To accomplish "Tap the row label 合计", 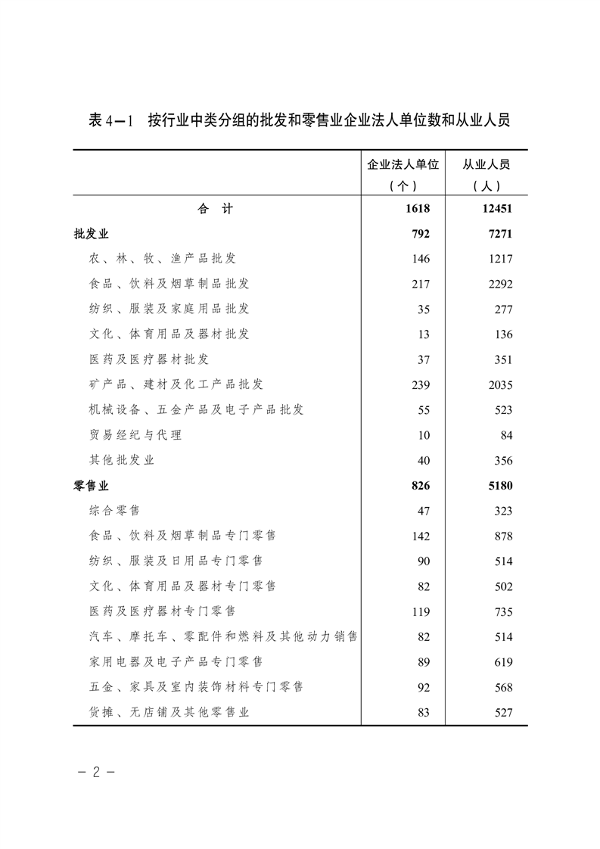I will point(216,209).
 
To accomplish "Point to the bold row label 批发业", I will point(92,234).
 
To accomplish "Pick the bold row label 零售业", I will point(92,486).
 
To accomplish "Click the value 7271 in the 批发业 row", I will point(501,234).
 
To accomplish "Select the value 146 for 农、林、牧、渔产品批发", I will point(421,259).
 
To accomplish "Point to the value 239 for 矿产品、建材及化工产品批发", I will point(421,385).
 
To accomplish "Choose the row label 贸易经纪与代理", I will point(135,435).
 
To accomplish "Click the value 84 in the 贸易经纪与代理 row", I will point(506,435).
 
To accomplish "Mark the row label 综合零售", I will point(114,511).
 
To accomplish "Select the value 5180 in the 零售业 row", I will point(501,486).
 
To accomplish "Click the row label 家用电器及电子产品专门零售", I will point(176,662).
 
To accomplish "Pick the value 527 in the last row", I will point(503,713).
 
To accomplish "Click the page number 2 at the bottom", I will point(96,774).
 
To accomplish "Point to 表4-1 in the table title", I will point(110,120).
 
